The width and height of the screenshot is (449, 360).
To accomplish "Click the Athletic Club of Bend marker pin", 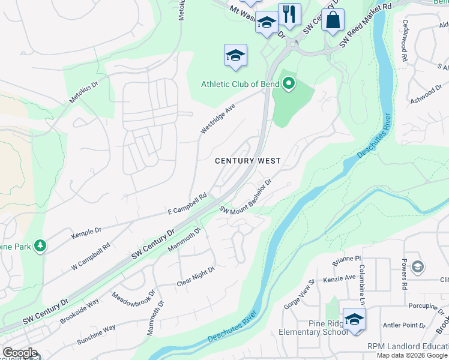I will click(x=289, y=84).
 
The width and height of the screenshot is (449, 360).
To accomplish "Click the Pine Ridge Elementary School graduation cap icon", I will click(x=354, y=319).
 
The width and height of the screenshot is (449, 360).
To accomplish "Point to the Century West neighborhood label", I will click(x=248, y=161).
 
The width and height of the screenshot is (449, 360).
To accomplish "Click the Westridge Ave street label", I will click(x=217, y=119).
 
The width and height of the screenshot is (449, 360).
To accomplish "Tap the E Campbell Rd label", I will click(x=187, y=203).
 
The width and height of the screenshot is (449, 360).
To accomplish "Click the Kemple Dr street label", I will click(x=86, y=230).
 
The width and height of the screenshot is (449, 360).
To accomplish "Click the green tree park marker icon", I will click(x=40, y=245).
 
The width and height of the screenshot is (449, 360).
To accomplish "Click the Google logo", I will click(x=20, y=353).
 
